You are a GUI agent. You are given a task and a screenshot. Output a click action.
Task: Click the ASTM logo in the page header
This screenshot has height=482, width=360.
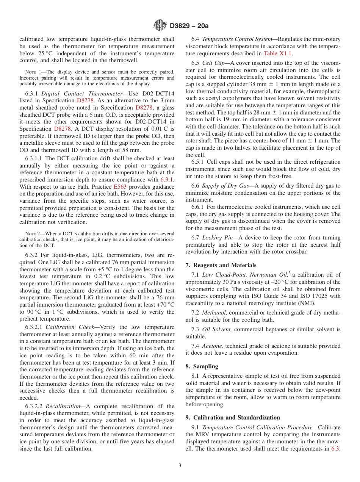click(x=160, y=26)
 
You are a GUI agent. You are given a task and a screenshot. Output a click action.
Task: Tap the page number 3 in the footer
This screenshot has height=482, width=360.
click(x=180, y=466)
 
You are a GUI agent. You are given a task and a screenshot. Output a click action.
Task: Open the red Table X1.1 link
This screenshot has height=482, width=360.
click(x=277, y=53)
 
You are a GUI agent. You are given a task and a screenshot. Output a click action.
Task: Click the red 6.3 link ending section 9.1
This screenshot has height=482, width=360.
click(x=335, y=449)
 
